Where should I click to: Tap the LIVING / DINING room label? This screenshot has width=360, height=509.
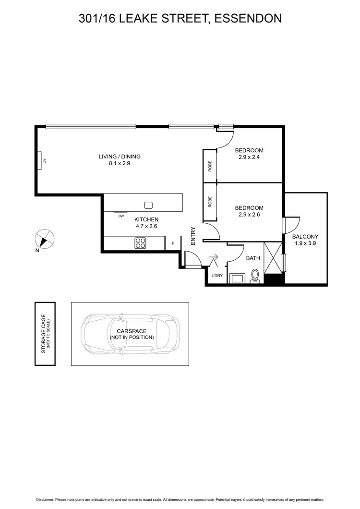[x=120, y=157]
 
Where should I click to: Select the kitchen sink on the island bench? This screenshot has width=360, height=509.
[x=148, y=205]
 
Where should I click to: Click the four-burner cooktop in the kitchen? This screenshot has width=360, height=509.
[x=140, y=243]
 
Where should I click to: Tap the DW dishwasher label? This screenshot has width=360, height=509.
[x=121, y=216]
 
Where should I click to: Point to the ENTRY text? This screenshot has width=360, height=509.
[x=193, y=236]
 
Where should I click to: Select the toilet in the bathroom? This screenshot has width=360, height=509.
[x=255, y=276]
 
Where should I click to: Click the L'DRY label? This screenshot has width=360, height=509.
[x=217, y=275]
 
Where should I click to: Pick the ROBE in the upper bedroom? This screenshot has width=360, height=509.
[x=210, y=166]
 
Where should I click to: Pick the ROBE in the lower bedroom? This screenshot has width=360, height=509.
[x=210, y=202]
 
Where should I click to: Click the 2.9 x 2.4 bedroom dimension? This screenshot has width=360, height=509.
[x=249, y=157]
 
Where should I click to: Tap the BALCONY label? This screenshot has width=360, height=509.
[x=306, y=237]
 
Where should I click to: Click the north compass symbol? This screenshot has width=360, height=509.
[x=45, y=239]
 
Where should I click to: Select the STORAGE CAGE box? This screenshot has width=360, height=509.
[x=45, y=334]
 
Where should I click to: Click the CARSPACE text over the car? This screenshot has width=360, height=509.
[x=132, y=331]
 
